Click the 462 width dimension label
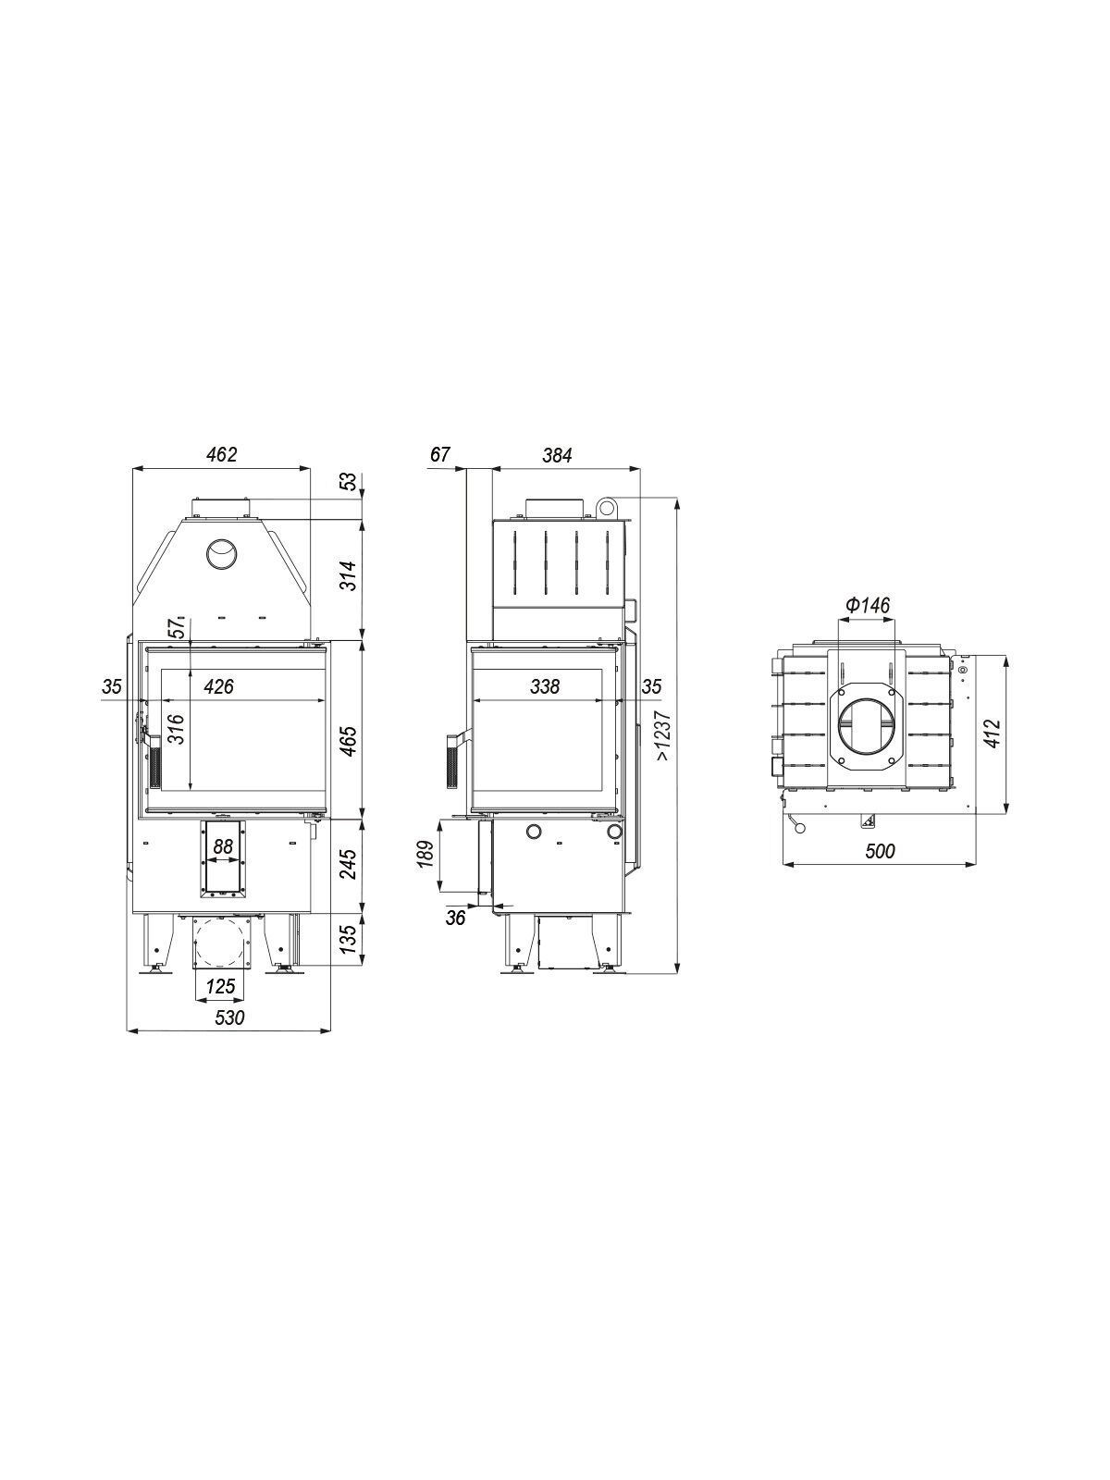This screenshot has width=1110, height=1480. click(222, 454)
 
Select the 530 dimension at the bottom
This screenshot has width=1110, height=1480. click(229, 1017)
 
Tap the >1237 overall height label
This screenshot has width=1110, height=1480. click(663, 735)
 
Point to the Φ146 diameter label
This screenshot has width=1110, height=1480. click(867, 605)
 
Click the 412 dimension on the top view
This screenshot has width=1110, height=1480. click(992, 733)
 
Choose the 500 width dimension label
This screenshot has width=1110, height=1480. click(880, 851)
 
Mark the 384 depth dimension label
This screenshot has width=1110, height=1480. click(557, 455)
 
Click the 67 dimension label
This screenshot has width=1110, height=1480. click(439, 454)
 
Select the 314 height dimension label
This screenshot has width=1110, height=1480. click(347, 575)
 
